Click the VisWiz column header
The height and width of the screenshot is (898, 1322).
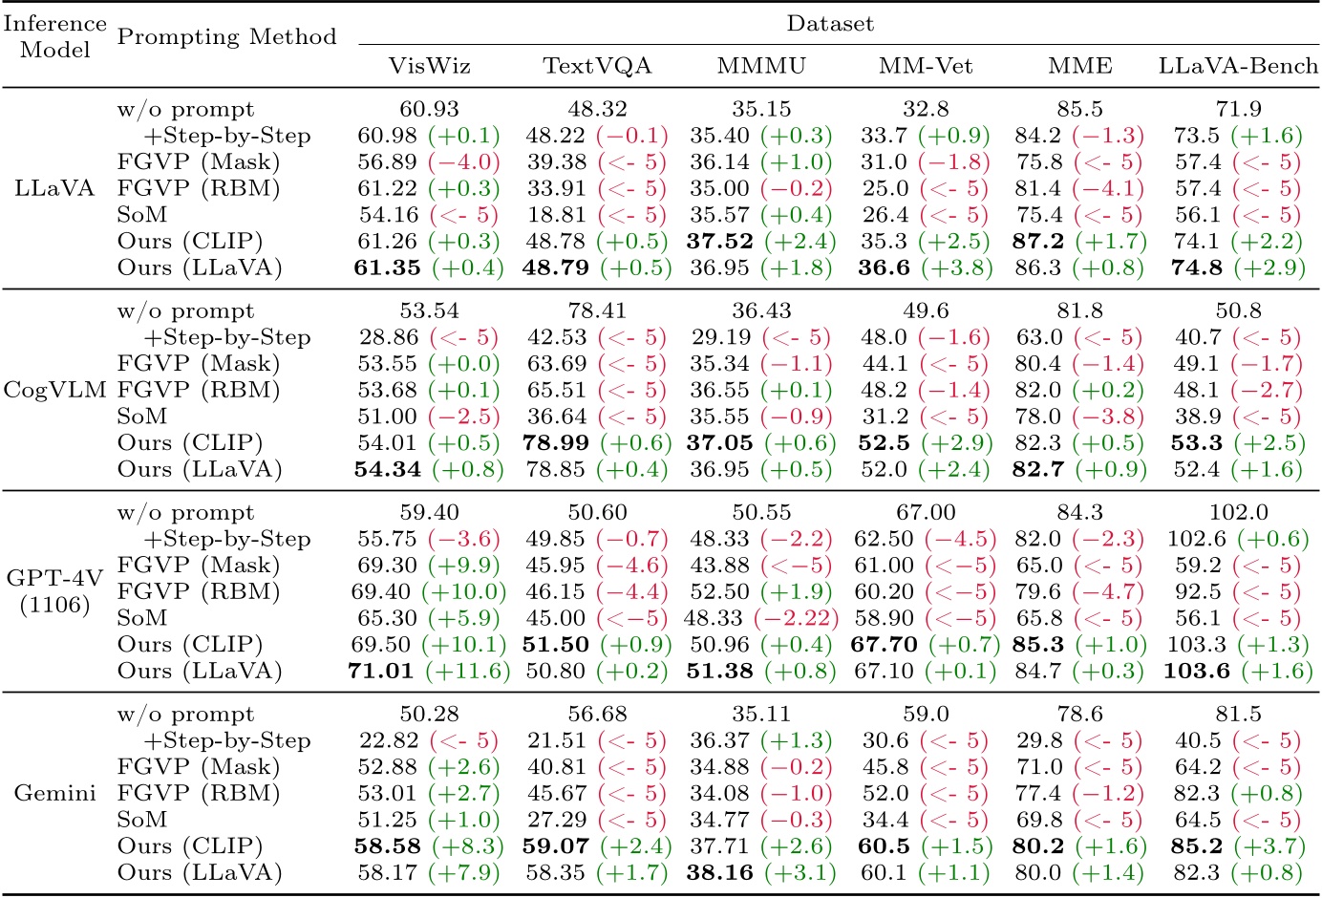[x=429, y=66]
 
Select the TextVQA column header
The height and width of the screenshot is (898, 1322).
[x=597, y=66]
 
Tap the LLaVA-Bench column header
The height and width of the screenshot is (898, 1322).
[x=1238, y=66]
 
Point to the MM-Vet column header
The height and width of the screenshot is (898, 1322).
[x=926, y=66]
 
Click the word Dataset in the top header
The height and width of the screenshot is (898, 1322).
[x=829, y=24]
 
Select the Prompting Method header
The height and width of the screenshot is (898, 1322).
[x=226, y=37]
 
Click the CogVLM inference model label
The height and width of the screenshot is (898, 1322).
[x=55, y=390]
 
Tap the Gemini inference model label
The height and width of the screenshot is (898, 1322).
[x=55, y=793]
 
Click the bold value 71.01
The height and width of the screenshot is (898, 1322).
[x=381, y=671]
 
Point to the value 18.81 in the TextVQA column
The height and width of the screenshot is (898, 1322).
[x=557, y=215]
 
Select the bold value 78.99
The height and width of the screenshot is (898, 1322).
[x=557, y=443]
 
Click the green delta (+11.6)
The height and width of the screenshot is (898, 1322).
[x=468, y=671]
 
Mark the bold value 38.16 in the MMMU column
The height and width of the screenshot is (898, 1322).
[x=719, y=872]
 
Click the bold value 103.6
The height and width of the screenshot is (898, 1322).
[x=1197, y=671]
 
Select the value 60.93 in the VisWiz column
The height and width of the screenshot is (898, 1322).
[x=429, y=110]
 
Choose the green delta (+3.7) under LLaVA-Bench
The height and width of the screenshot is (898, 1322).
[x=1268, y=846]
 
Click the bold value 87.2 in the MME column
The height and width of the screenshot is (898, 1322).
[x=1038, y=242]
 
